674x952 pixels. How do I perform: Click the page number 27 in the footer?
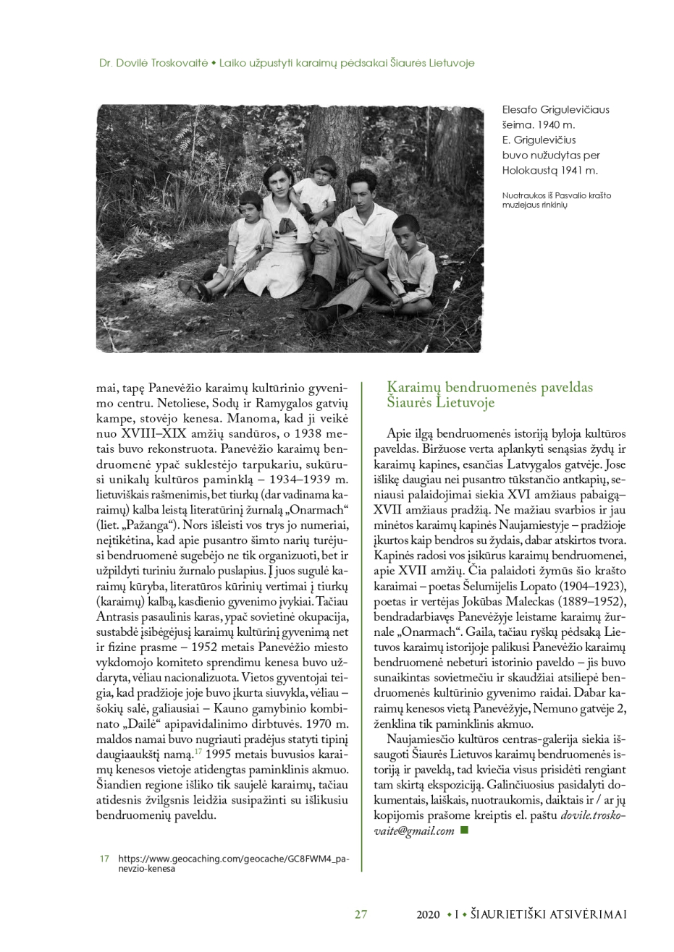(x=361, y=914)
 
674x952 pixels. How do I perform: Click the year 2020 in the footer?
(x=428, y=914)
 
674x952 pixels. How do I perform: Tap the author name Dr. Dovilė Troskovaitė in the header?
(x=152, y=63)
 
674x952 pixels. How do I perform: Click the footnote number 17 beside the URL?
(x=104, y=858)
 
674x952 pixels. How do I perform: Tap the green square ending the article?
(x=464, y=830)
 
